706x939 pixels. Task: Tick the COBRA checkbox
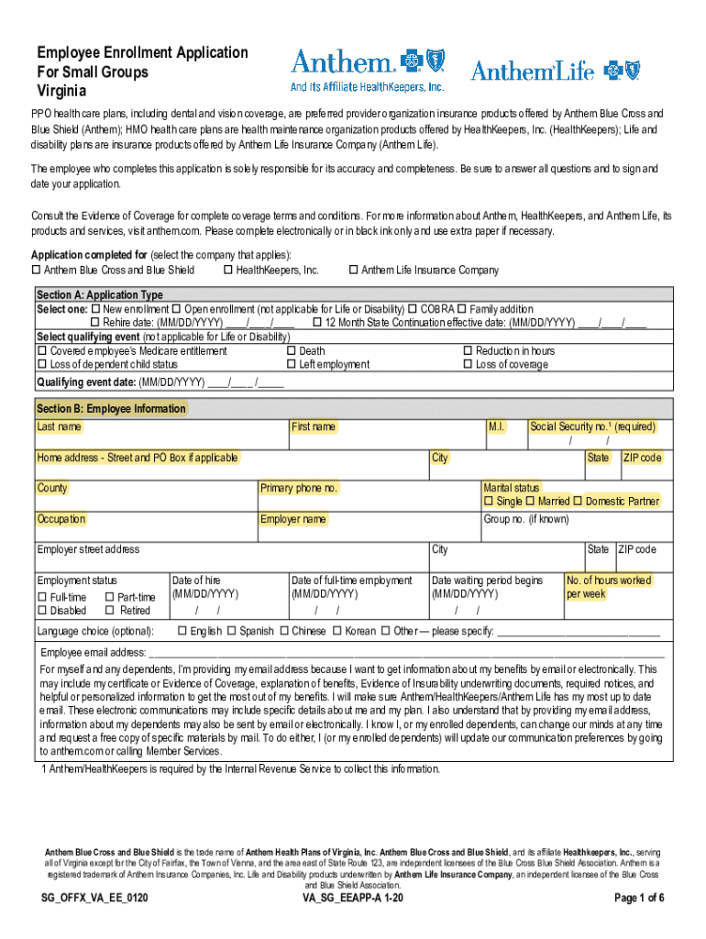[x=413, y=309]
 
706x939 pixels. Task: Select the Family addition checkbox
[x=462, y=309]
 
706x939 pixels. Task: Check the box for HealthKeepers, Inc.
[x=227, y=271]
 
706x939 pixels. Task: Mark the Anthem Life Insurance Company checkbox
[x=353, y=271]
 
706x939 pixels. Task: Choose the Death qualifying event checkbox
[x=291, y=351]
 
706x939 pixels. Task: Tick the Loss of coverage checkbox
[x=468, y=365]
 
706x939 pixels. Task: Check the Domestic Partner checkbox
[x=578, y=502]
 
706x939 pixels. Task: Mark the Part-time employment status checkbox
[x=109, y=598]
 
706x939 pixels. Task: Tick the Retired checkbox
[x=109, y=611]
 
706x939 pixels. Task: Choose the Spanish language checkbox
[x=232, y=631]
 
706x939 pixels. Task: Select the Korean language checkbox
[x=336, y=631]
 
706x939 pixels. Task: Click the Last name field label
[x=59, y=427]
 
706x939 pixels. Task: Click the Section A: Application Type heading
[x=99, y=295]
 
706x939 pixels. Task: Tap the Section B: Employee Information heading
[x=111, y=409]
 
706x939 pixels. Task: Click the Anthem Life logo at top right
[x=555, y=71]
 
